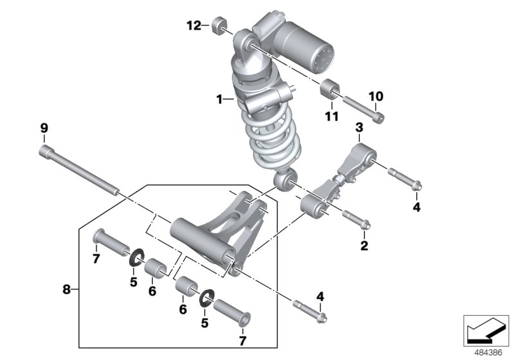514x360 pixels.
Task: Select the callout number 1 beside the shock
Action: (219, 100)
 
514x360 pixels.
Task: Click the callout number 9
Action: (44, 129)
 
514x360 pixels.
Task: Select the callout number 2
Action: (364, 245)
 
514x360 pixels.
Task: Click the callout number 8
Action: (66, 290)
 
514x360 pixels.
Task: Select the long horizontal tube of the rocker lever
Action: (199, 240)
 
